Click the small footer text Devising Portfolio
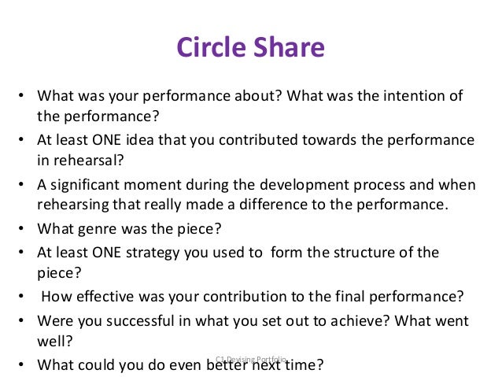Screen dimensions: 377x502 (251, 358)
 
